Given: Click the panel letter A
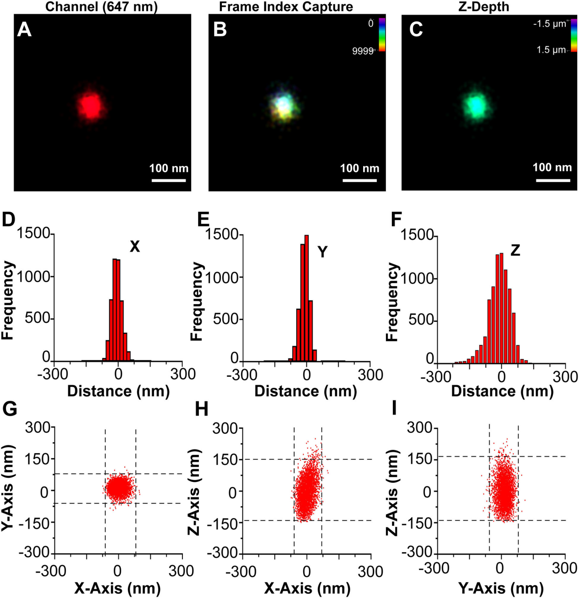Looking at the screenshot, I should (x=24, y=30).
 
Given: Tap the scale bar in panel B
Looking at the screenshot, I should (x=359, y=180).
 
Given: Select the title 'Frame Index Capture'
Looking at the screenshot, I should (x=286, y=7).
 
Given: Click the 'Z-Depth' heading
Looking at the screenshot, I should (x=483, y=7).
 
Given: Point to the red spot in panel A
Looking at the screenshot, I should (x=91, y=106).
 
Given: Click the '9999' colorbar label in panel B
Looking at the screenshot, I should (x=363, y=51).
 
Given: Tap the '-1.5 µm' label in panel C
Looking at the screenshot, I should (x=549, y=24).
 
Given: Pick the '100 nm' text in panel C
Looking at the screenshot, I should (x=552, y=167).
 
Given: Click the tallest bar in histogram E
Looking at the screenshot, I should (x=306, y=297).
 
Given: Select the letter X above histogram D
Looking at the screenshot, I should (x=134, y=247).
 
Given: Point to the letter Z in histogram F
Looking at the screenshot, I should (x=515, y=251).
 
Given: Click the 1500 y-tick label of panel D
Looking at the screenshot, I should (x=33, y=234).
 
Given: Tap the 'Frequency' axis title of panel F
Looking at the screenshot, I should (x=392, y=302).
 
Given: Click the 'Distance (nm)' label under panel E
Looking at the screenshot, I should (x=306, y=391).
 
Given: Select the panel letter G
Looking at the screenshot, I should (x=10, y=408).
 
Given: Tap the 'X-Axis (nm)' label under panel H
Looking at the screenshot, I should (x=307, y=588).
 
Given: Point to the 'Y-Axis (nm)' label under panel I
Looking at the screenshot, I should (x=501, y=588).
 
